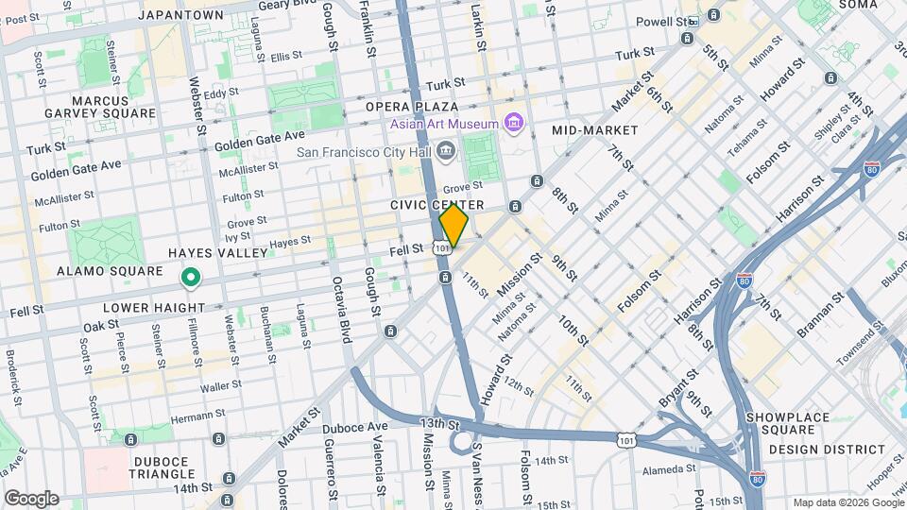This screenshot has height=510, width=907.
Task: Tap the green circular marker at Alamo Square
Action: click(191, 278)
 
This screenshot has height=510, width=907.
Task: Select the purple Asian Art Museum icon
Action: click(513, 124)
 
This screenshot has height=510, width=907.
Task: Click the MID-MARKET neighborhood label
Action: click(595, 130)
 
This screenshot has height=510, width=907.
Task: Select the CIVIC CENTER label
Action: click(436, 205)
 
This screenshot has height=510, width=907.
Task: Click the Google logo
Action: click(31, 499)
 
